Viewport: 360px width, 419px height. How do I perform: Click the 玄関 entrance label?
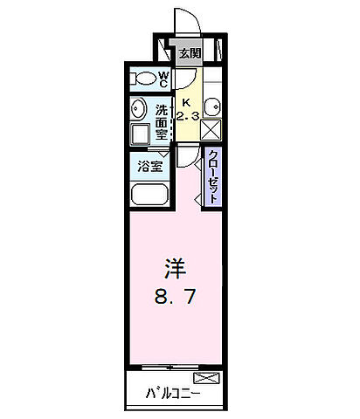coord(189,53)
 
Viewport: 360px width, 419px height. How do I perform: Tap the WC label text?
coord(163,79)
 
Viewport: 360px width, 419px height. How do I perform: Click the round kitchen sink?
coord(212,109)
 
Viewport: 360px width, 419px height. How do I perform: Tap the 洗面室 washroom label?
coord(163,123)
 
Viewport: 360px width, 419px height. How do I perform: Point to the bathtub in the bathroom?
coord(149,195)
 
